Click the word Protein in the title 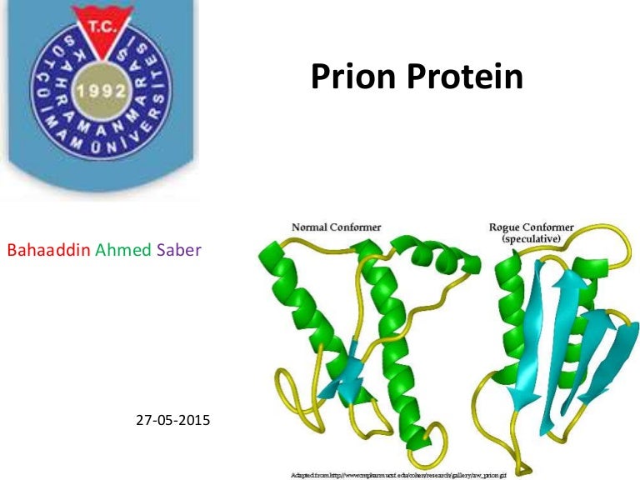pos(462,77)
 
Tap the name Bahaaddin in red pos(49,250)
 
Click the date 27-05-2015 pos(172,420)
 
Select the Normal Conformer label pos(336,226)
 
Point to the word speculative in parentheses pos(530,238)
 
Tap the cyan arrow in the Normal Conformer pos(343,374)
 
